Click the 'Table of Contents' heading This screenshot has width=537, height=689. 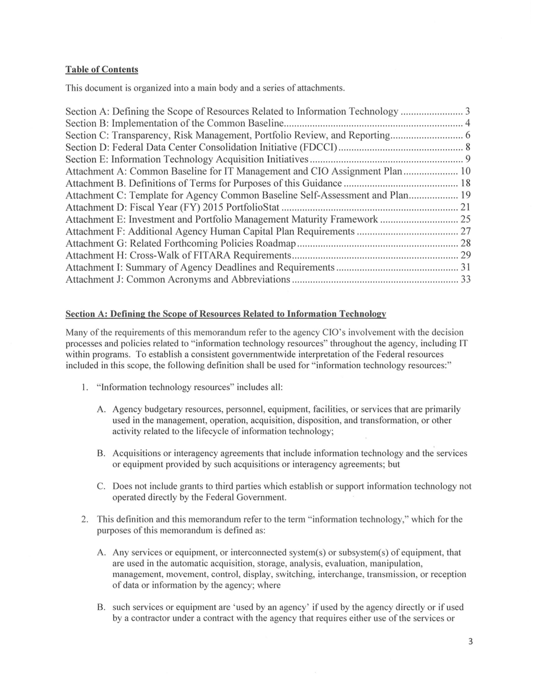[x=102, y=70]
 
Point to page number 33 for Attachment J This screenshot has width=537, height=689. [x=466, y=279]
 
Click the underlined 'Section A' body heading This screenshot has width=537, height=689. [x=226, y=314]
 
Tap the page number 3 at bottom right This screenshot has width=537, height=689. [x=470, y=641]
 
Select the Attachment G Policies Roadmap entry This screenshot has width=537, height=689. [x=181, y=244]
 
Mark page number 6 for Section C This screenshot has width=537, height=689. [x=468, y=135]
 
